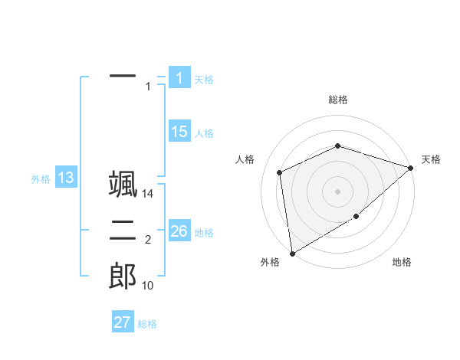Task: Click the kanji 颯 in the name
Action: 123,184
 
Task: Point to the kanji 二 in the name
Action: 123,229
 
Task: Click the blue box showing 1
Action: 179,77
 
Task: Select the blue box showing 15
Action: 179,131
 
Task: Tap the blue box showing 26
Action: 179,231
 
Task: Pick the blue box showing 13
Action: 66,178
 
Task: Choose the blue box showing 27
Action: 123,322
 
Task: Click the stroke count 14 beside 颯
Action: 148,195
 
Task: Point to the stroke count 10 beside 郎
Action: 148,286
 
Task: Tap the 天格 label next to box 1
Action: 204,80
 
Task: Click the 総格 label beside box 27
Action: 147,324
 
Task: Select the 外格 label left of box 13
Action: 41,179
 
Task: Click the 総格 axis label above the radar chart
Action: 338,100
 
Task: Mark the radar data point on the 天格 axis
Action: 411,168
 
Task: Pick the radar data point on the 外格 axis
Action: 292,253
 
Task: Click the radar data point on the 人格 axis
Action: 280,172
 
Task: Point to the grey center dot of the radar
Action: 338,191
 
